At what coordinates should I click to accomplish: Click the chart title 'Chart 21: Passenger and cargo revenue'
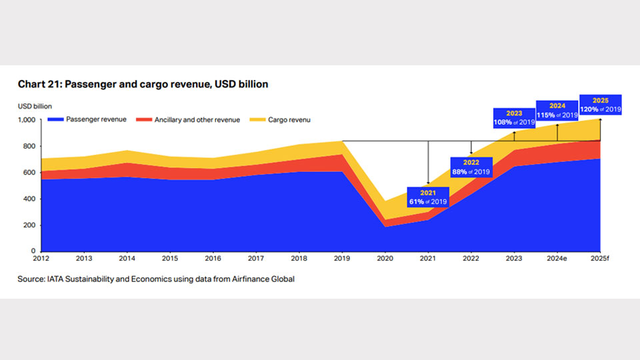click(x=143, y=85)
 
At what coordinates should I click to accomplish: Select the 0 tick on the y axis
click(x=35, y=251)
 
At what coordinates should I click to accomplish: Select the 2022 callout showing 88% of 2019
click(x=471, y=167)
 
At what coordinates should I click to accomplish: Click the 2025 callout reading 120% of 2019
click(x=601, y=105)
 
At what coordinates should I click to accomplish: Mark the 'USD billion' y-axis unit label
click(x=35, y=106)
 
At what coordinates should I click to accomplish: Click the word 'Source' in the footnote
click(x=31, y=279)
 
